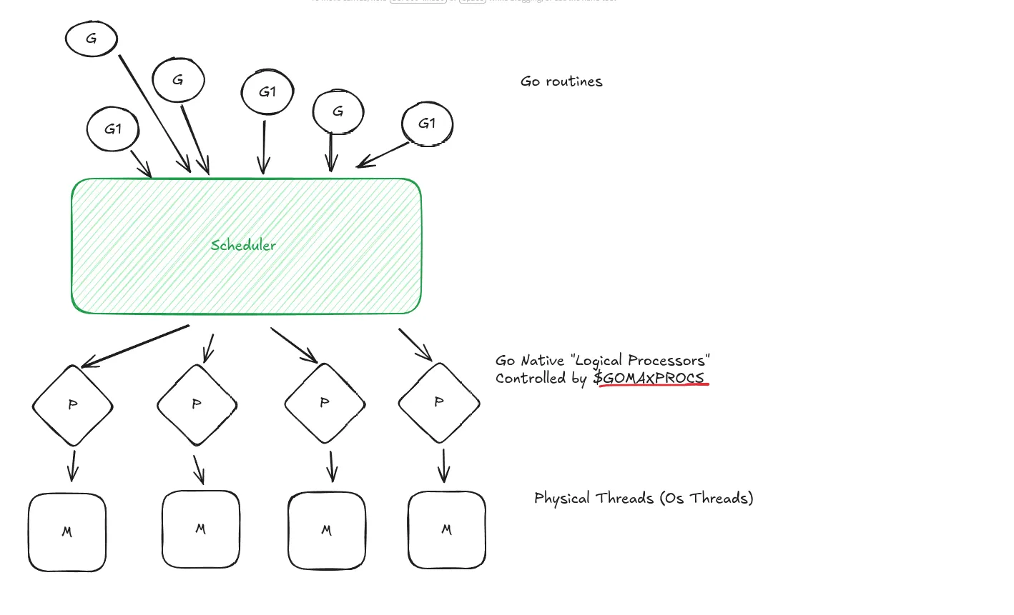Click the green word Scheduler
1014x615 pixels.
point(243,245)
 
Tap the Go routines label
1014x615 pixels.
point(561,81)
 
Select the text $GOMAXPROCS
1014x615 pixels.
point(649,378)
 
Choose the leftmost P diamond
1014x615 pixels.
point(72,405)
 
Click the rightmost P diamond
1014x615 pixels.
point(439,403)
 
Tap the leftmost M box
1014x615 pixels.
point(67,532)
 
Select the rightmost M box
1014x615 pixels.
point(447,530)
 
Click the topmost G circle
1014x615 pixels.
point(92,39)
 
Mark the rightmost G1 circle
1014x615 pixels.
point(427,124)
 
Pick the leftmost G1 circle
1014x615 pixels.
point(113,129)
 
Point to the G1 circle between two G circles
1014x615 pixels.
point(267,91)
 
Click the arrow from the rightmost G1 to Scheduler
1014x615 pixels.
point(383,155)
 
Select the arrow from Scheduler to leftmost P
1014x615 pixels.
point(136,346)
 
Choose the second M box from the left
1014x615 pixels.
point(200,529)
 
